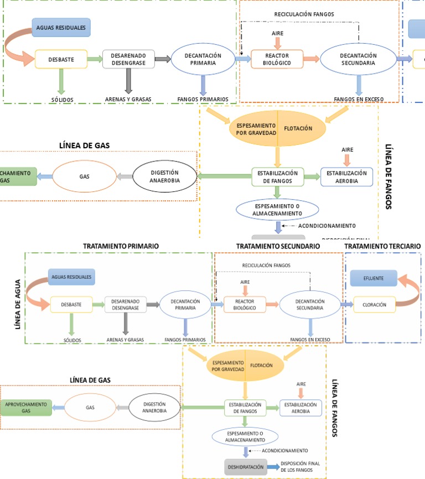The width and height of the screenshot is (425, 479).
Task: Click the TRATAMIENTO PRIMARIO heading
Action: click(x=121, y=246)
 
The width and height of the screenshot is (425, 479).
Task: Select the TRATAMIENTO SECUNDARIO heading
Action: click(x=278, y=246)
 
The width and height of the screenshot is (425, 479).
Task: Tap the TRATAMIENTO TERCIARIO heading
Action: click(x=382, y=246)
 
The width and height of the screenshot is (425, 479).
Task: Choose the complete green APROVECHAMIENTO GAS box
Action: click(x=26, y=408)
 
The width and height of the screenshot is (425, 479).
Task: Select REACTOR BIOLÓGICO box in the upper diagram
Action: click(x=277, y=59)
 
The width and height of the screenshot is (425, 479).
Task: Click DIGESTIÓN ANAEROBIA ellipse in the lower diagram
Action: click(x=154, y=408)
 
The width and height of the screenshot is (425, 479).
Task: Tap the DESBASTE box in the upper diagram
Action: click(x=61, y=59)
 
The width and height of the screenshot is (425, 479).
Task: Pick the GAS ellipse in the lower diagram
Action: click(x=90, y=408)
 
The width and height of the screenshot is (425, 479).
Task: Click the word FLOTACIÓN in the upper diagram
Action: click(x=298, y=128)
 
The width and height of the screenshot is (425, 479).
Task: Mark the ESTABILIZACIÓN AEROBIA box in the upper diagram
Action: click(x=347, y=176)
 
